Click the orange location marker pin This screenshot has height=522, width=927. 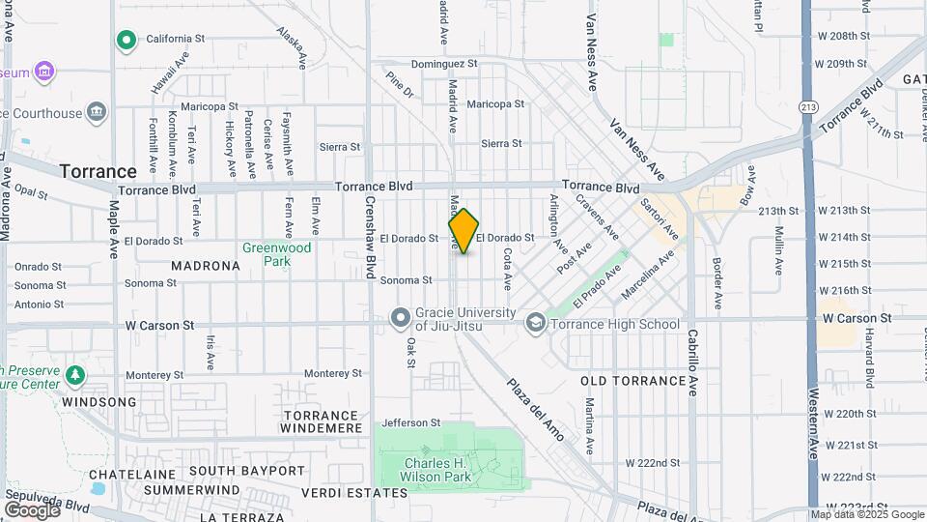coord(463,231)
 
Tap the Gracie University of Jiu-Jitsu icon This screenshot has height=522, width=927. coord(401,317)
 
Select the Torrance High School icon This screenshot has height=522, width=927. coord(536,324)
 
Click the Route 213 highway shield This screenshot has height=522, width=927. coord(807,107)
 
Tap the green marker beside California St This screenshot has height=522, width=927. coord(125,40)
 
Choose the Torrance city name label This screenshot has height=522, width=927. coord(98,171)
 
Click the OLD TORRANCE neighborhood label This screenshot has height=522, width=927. coord(620,381)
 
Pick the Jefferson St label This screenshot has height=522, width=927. coord(410,422)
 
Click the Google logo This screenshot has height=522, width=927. coord(32,509)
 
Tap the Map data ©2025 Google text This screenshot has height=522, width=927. coord(866,514)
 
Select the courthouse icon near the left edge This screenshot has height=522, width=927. coord(96,113)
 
